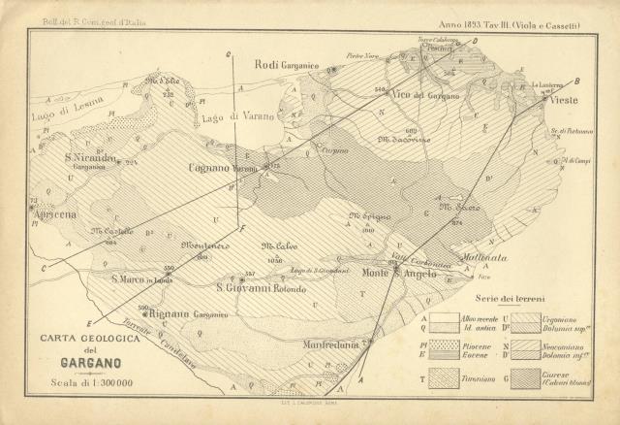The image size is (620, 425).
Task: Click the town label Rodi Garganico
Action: click(x=287, y=65)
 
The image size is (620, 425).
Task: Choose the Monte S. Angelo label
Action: click(x=400, y=275)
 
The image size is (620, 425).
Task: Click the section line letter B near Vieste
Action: click(x=577, y=81)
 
